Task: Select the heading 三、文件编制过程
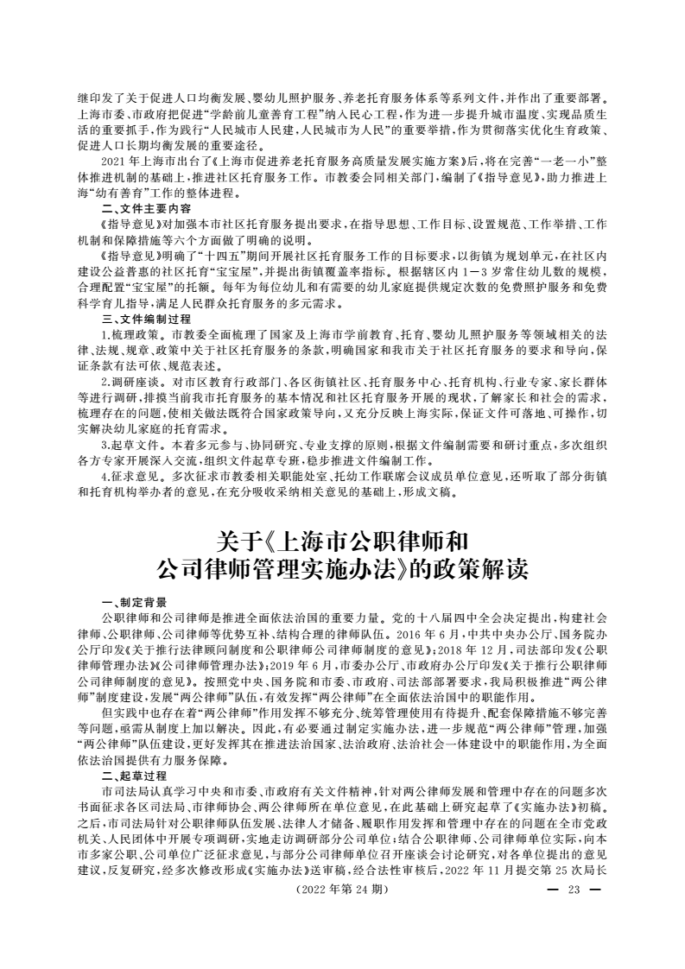[146, 318]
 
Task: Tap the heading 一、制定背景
[134, 602]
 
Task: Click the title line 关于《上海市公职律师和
[342, 542]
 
